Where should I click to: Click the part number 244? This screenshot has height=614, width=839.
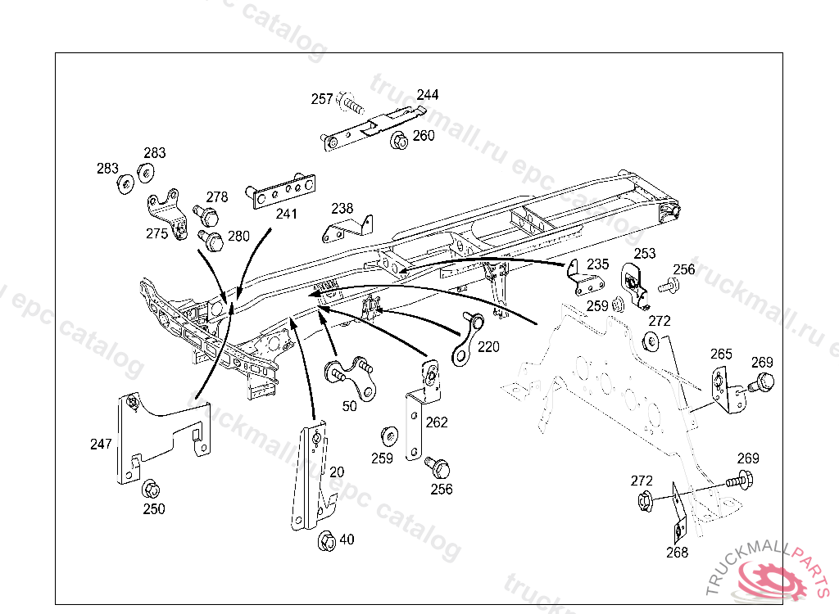click(x=429, y=94)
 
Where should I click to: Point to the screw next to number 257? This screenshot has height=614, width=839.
click(x=350, y=103)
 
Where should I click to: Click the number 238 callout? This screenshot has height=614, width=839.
click(x=342, y=209)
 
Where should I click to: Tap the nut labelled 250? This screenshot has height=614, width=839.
click(x=151, y=490)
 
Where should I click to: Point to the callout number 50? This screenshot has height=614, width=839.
click(x=350, y=405)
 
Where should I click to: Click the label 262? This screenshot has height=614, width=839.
click(x=437, y=422)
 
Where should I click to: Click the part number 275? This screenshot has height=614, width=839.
click(x=156, y=233)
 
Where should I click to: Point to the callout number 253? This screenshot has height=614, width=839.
click(x=645, y=254)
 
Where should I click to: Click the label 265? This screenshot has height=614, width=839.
click(x=721, y=354)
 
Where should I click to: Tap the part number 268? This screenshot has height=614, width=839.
click(x=677, y=552)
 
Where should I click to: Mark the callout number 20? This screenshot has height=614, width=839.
click(x=337, y=472)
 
